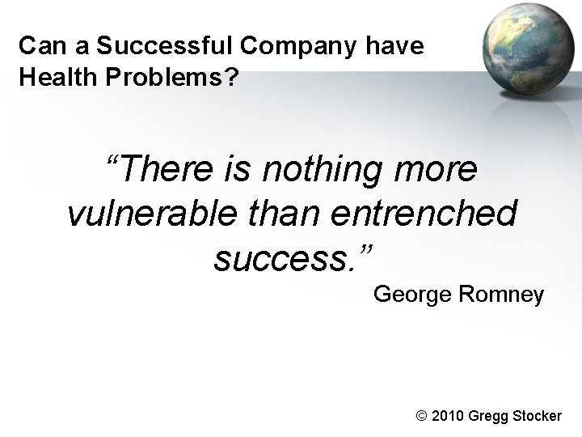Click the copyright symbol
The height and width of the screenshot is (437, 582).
(420, 416)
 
